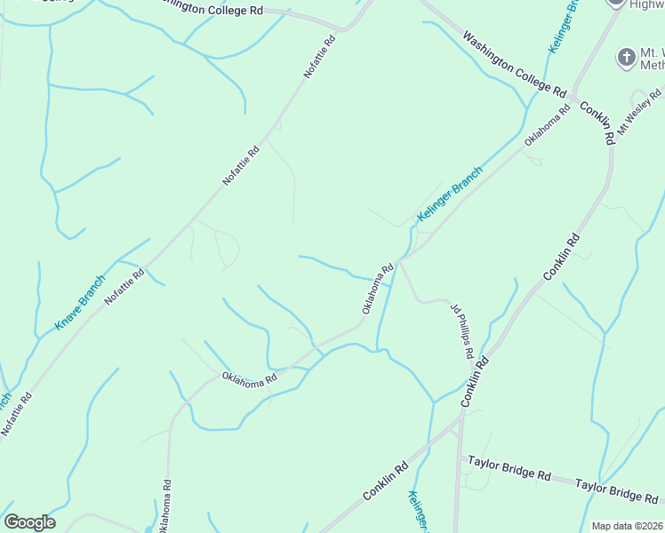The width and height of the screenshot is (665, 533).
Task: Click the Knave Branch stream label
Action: [x=79, y=303]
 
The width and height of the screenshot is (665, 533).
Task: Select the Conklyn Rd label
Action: [x=597, y=123]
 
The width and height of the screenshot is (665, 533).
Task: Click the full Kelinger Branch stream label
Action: [x=450, y=195]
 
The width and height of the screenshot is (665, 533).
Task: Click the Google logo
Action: [x=29, y=522]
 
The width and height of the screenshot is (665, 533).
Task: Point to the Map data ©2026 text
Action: [x=627, y=526]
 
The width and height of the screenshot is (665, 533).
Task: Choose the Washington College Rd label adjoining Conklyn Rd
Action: [x=514, y=65]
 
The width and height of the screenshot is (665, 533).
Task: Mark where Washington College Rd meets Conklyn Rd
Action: [x=574, y=95]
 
